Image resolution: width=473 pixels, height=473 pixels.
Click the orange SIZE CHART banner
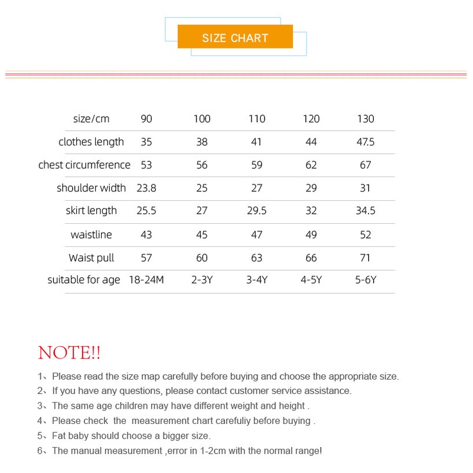(235, 37)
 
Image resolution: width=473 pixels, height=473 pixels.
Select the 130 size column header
(366, 119)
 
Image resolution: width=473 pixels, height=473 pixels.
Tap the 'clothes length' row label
(91, 142)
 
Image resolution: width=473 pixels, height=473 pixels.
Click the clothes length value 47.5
(366, 142)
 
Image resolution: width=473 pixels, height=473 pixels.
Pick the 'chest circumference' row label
(84, 165)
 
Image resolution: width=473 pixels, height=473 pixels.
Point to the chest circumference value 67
(366, 165)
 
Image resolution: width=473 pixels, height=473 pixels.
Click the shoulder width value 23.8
(146, 188)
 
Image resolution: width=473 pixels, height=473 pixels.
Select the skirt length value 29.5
(257, 211)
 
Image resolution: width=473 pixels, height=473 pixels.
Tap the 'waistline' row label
(91, 234)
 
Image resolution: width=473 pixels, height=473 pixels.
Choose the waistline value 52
(366, 234)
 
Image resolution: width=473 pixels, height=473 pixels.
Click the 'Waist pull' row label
(91, 257)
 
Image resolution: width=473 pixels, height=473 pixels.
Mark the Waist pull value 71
(366, 257)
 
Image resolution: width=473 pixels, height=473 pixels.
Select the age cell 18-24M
(146, 280)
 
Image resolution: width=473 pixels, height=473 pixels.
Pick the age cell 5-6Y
(366, 280)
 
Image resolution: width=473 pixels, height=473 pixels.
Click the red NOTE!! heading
(69, 353)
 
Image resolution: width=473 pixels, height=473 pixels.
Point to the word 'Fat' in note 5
(60, 436)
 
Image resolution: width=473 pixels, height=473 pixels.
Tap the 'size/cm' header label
(91, 119)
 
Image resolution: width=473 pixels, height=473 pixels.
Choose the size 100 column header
(202, 119)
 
